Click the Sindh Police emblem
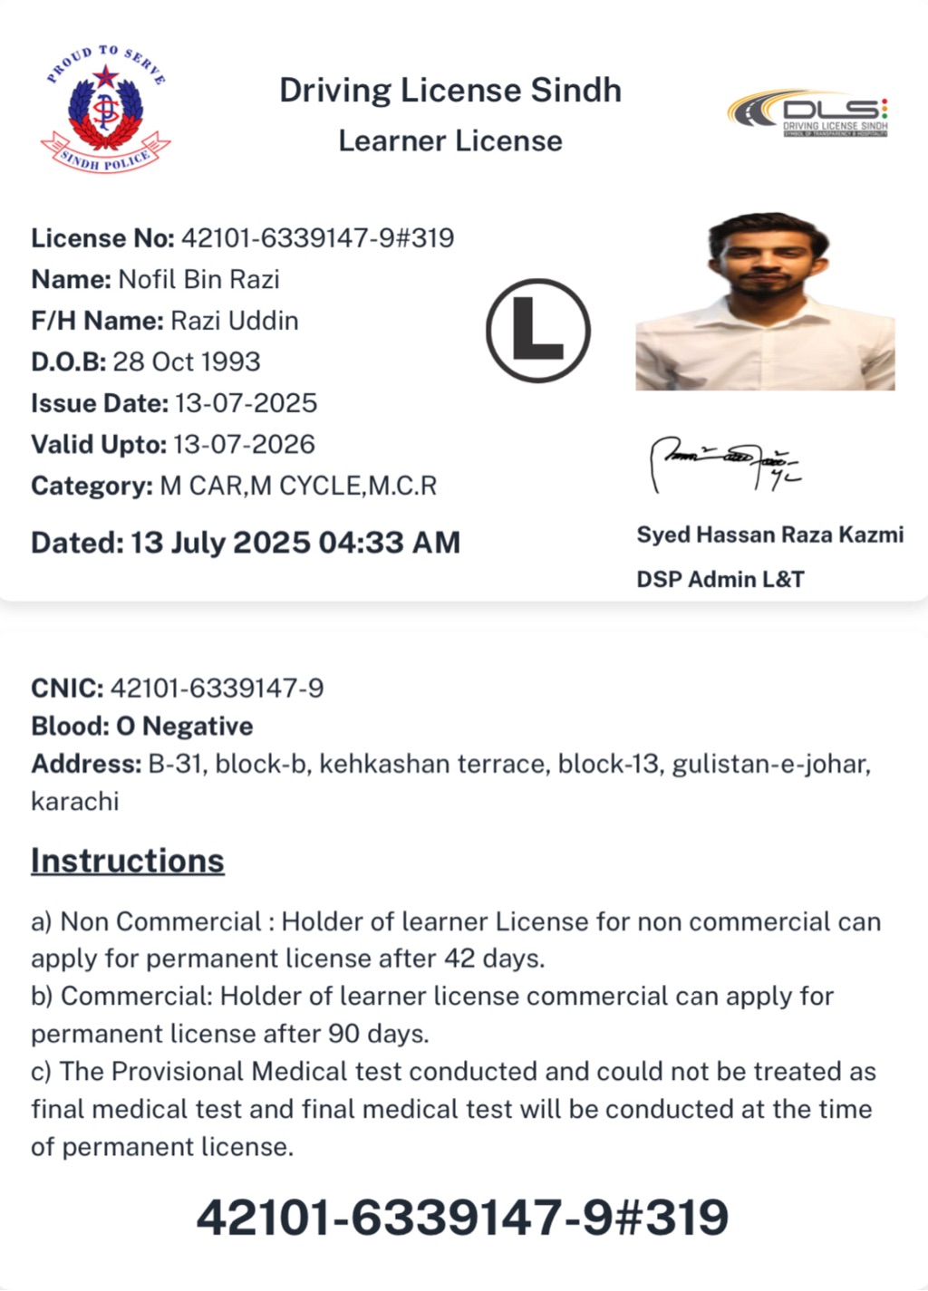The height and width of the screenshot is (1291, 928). (105, 111)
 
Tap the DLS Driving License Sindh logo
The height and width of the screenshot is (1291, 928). (808, 113)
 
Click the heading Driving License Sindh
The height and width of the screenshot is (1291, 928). (450, 91)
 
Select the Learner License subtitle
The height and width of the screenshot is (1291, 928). (450, 141)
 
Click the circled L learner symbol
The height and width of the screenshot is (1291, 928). (538, 330)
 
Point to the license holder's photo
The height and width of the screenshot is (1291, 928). (766, 302)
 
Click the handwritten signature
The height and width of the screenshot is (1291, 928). (726, 462)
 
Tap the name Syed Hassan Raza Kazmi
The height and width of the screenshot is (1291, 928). (769, 535)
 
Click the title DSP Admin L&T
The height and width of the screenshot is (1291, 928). (720, 580)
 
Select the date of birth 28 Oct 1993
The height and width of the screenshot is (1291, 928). (186, 361)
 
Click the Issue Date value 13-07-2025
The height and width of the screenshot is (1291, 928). (246, 403)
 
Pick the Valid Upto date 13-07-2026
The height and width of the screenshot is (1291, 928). (244, 445)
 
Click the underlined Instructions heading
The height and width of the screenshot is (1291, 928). (128, 861)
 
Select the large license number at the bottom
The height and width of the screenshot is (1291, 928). (462, 1217)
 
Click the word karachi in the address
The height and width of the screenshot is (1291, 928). (75, 802)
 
